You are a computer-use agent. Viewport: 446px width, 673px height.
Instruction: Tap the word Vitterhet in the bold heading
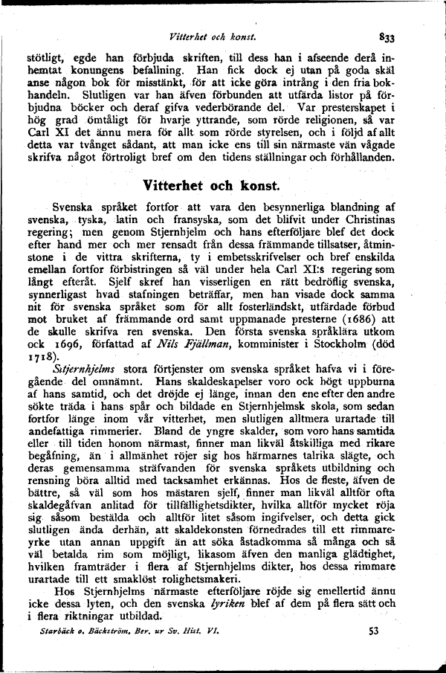pyautogui.click(x=172, y=183)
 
